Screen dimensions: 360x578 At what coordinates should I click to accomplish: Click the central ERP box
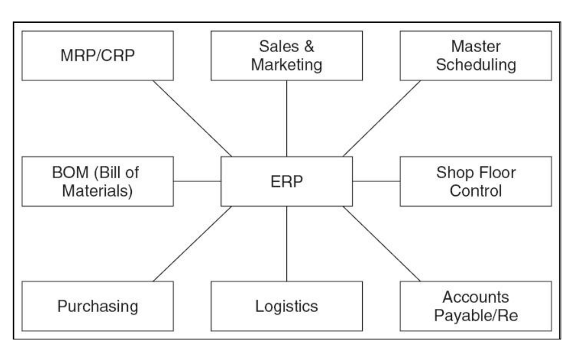(287, 181)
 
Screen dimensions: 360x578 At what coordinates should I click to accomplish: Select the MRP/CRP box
(98, 55)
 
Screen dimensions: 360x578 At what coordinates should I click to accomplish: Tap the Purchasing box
(98, 306)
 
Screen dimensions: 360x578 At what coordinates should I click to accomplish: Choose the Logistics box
(287, 306)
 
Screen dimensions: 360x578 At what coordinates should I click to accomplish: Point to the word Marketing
(287, 64)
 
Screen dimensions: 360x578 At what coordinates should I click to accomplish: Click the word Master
(476, 47)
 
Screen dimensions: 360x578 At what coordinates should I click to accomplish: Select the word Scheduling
(476, 64)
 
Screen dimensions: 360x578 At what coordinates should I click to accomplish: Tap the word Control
(476, 190)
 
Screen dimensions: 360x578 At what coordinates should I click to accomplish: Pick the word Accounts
(476, 297)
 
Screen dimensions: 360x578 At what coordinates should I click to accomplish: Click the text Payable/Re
(476, 315)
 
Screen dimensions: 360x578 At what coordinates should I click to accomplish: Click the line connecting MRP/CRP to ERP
(192, 118)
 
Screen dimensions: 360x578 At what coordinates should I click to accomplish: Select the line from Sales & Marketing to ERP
(287, 118)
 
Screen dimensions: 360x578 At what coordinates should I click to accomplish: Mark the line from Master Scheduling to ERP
(381, 118)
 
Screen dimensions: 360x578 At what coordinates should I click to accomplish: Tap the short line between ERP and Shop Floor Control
(377, 181)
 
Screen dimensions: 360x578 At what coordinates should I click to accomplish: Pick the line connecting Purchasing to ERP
(192, 244)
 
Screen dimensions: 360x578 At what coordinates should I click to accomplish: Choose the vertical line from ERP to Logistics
(287, 244)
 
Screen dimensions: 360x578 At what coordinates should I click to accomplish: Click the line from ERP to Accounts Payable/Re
(381, 244)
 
